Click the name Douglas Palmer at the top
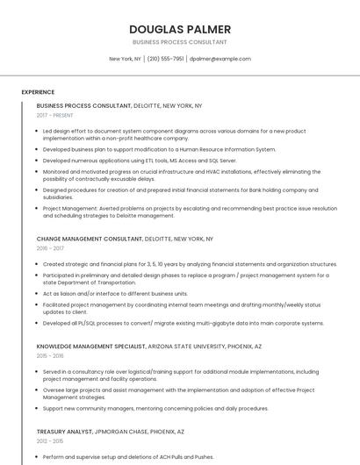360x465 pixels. pyautogui.click(x=179, y=28)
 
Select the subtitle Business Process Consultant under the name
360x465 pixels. pyautogui.click(x=179, y=42)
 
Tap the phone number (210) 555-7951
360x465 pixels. pyautogui.click(x=165, y=59)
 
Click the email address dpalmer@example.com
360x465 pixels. pyautogui.click(x=220, y=59)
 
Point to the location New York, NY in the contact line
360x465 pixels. pyautogui.click(x=125, y=59)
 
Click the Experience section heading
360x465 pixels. pyautogui.click(x=38, y=92)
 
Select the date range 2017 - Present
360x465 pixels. pyautogui.click(x=55, y=115)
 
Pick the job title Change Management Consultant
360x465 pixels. pyautogui.click(x=89, y=239)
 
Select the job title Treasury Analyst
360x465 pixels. pyautogui.click(x=64, y=432)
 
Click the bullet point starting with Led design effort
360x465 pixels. pyautogui.click(x=174, y=134)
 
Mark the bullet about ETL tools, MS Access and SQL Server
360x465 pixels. pyautogui.click(x=140, y=161)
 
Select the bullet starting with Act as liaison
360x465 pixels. pyautogui.click(x=115, y=294)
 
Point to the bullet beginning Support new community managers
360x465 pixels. pyautogui.click(x=155, y=408)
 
